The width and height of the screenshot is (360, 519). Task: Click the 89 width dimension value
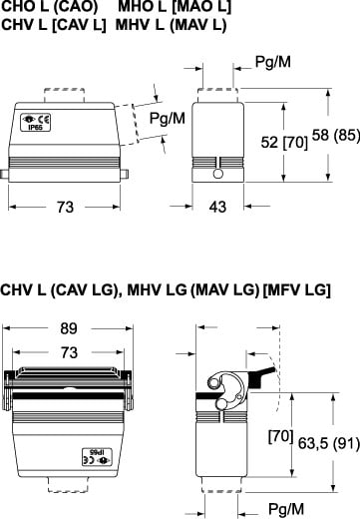pyautogui.click(x=69, y=328)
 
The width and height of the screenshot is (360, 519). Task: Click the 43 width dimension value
pyautogui.click(x=217, y=207)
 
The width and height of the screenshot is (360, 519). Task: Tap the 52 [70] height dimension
pyautogui.click(x=284, y=143)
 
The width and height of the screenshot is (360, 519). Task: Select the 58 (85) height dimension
pyautogui.click(x=336, y=135)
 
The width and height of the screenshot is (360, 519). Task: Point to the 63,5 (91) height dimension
pyautogui.click(x=329, y=443)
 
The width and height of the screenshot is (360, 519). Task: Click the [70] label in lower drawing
pyautogui.click(x=281, y=436)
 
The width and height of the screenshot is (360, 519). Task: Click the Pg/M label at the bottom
pyautogui.click(x=286, y=509)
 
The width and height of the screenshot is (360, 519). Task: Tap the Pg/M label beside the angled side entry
pyautogui.click(x=168, y=118)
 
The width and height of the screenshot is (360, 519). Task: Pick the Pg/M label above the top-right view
pyautogui.click(x=273, y=62)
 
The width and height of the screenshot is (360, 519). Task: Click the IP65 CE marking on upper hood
pyautogui.click(x=36, y=123)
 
